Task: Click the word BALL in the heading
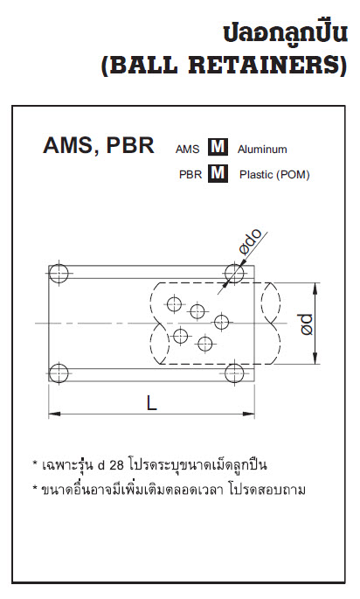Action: pyautogui.click(x=144, y=66)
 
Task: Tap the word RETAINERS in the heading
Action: pyautogui.click(x=266, y=66)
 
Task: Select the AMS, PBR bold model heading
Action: pyautogui.click(x=99, y=145)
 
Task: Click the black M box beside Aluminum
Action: pyautogui.click(x=218, y=147)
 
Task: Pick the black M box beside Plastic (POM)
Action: pyautogui.click(x=218, y=173)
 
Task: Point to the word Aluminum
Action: pyautogui.click(x=262, y=150)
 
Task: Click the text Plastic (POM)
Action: pyautogui.click(x=274, y=175)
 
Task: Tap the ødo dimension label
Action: pyautogui.click(x=251, y=241)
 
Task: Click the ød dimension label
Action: pyautogui.click(x=306, y=324)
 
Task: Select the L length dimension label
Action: pyautogui.click(x=151, y=402)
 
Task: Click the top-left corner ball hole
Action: pyautogui.click(x=59, y=274)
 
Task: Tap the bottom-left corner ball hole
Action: pyautogui.click(x=59, y=373)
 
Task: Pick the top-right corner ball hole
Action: pyautogui.click(x=234, y=274)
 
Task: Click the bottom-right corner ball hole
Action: pyautogui.click(x=234, y=373)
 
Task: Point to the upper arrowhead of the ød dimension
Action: pyautogui.click(x=315, y=289)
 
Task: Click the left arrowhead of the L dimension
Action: pyautogui.click(x=54, y=414)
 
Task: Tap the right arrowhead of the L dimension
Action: pyautogui.click(x=248, y=414)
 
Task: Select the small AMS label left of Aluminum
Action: pyautogui.click(x=187, y=150)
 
